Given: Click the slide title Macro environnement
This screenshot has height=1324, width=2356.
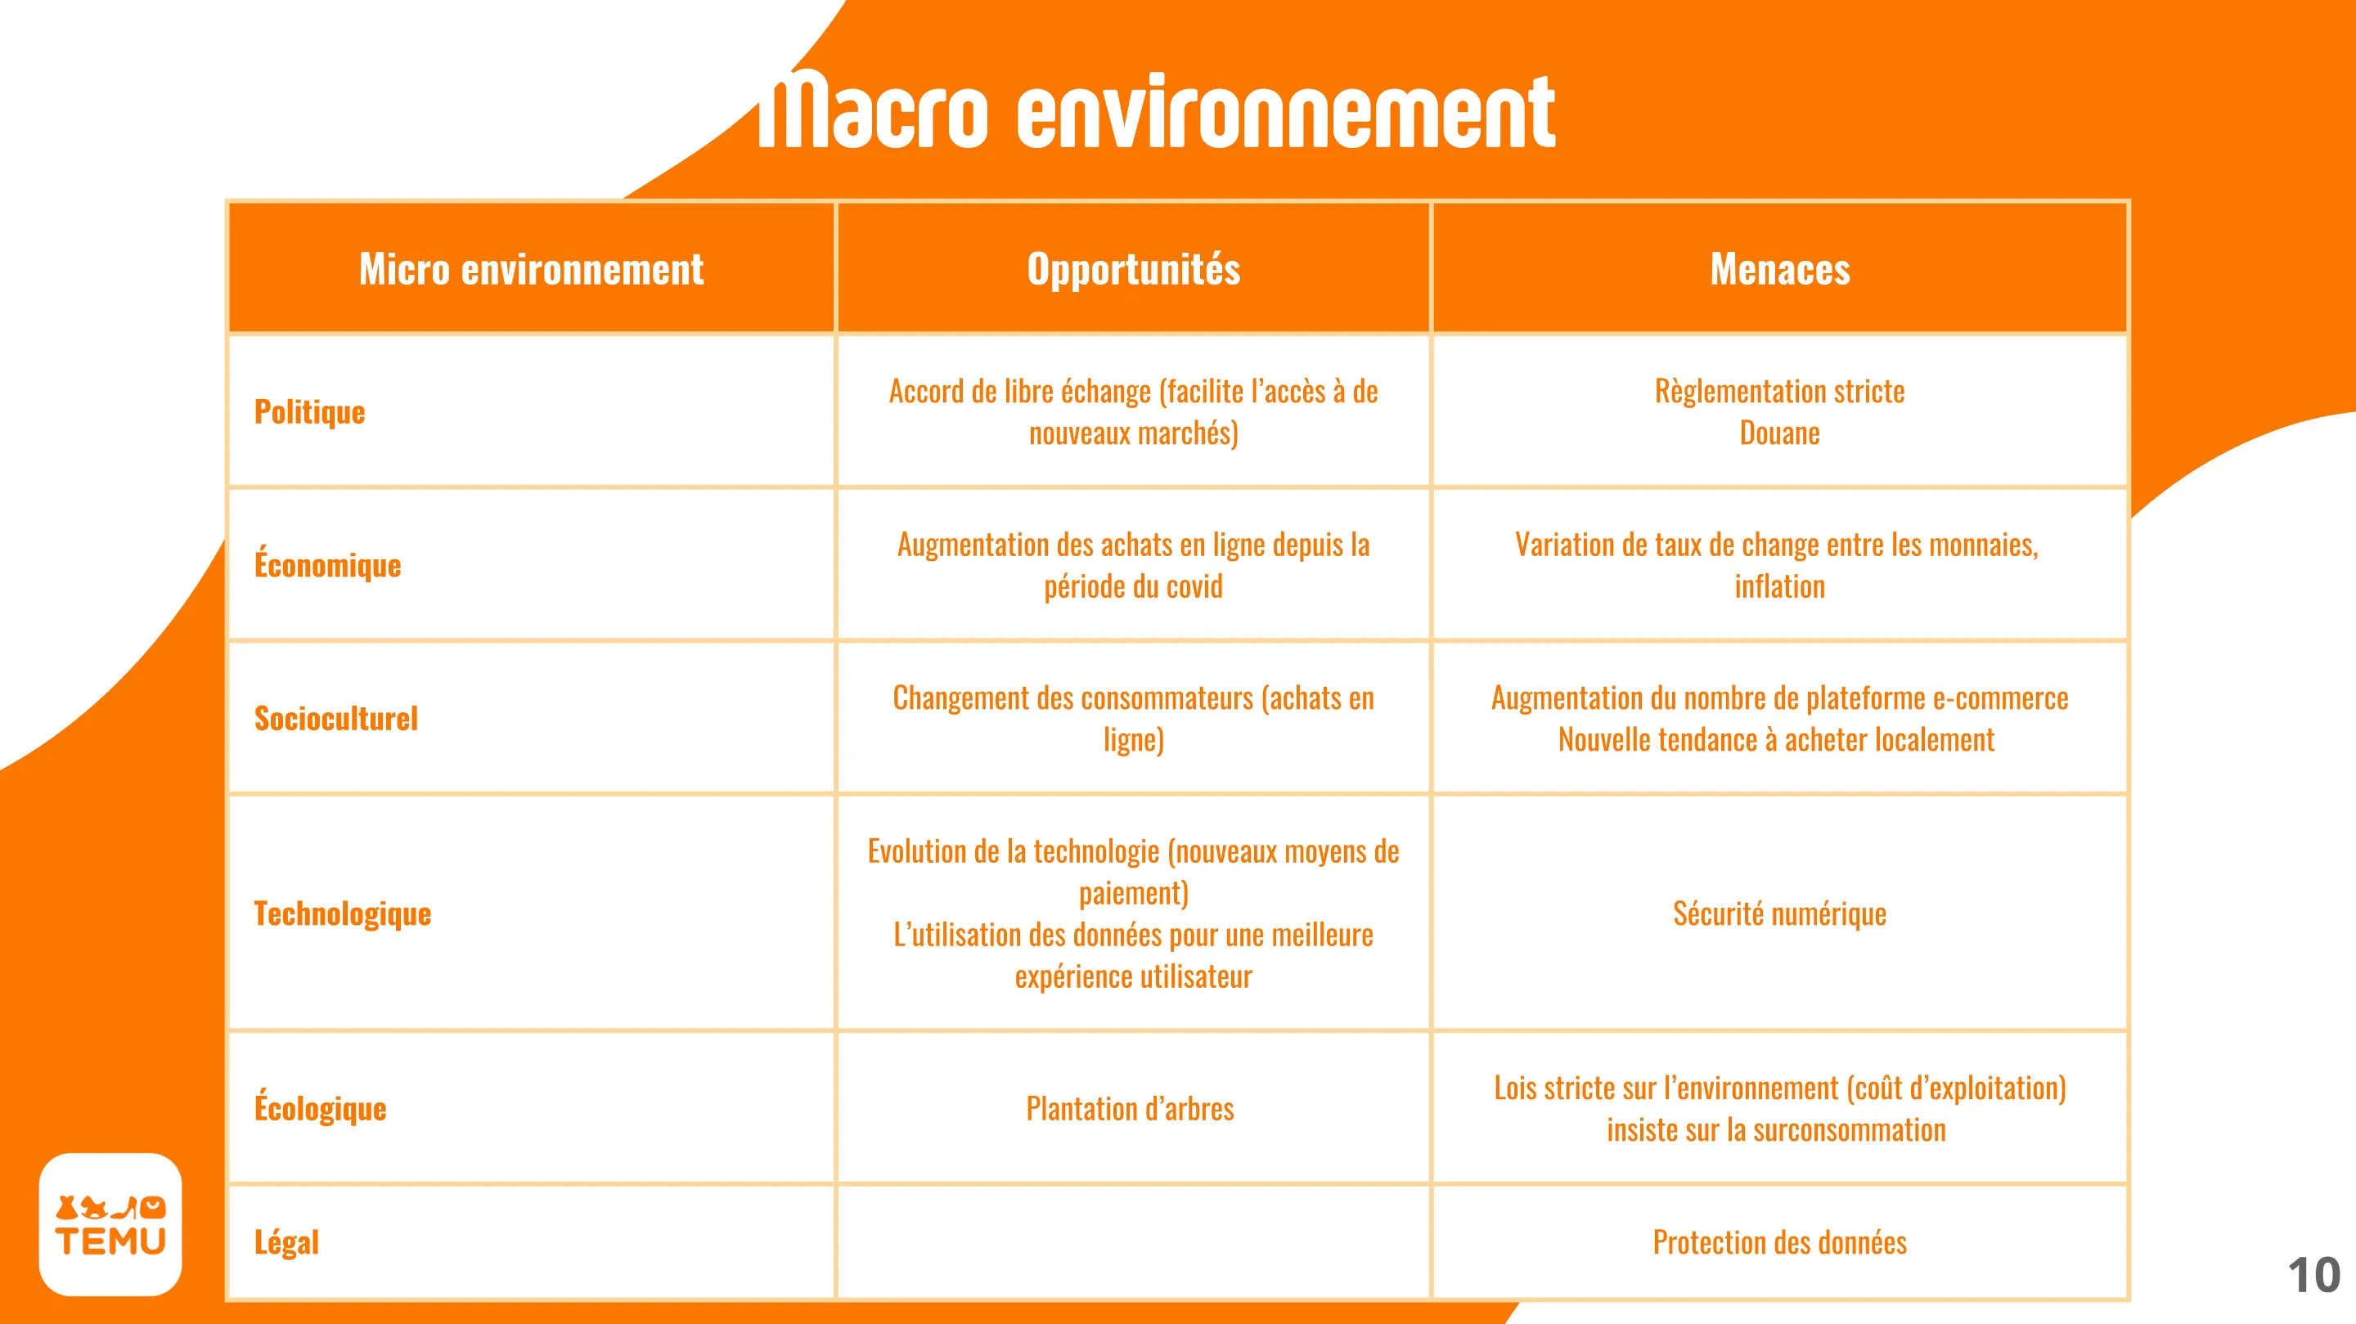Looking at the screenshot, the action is point(1157,111).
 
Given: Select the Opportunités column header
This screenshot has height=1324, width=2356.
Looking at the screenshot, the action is point(1133,269).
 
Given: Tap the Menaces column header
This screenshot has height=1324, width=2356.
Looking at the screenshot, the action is point(1780,269).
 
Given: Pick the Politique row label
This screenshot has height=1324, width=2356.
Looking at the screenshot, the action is point(309,412).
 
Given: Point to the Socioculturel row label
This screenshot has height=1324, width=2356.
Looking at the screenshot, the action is point(335,719).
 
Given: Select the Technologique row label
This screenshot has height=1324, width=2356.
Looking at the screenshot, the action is point(342,914).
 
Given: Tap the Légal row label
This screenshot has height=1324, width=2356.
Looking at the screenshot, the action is point(286,1241).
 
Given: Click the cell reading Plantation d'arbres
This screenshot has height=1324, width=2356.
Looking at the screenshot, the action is point(1131,1109).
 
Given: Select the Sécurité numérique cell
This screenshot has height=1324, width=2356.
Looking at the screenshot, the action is point(1780,913).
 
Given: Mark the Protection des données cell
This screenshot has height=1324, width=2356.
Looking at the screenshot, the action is point(1780,1242).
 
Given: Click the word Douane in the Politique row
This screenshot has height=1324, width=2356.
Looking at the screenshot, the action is point(1780,433).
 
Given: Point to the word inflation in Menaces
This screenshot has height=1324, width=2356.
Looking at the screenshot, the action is point(1780,586).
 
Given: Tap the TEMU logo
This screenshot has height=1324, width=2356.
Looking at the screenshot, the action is point(110,1224).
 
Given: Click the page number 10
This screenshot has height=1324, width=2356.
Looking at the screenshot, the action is point(2314,1276).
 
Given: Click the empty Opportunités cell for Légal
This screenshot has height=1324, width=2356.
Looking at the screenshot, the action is point(1133,1241).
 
